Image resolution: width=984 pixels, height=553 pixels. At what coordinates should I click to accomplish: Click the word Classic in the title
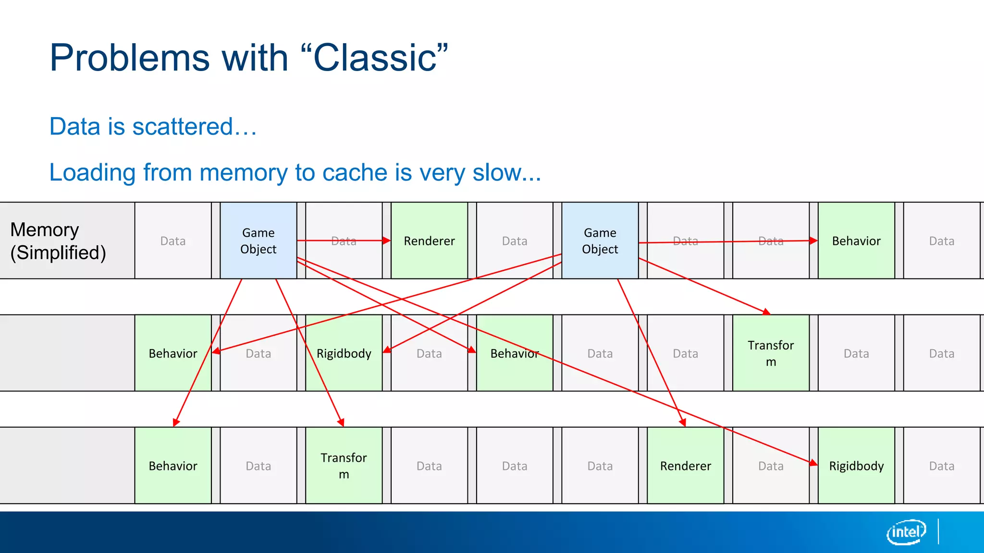[x=375, y=58]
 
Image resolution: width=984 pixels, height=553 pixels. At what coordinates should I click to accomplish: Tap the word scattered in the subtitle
[x=183, y=127]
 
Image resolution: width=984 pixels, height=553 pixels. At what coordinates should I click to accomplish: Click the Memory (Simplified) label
[x=58, y=241]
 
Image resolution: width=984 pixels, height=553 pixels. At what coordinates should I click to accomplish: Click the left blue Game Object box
[x=258, y=240]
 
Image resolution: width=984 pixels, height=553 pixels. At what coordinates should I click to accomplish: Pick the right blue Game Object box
[x=600, y=240]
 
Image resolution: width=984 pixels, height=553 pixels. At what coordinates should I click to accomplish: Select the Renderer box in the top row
[x=429, y=240]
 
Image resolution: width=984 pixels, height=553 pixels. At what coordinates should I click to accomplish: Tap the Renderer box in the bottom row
[x=685, y=466]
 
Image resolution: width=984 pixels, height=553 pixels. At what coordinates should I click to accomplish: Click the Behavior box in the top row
[x=856, y=240]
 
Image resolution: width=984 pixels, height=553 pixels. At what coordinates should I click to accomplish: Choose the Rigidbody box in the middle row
[x=344, y=353]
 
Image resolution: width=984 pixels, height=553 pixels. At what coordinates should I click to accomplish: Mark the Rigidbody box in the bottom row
[x=856, y=466]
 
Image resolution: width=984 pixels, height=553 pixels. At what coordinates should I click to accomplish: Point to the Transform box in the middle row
[x=771, y=353]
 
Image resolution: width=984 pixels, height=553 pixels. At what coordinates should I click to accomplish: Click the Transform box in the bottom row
[x=344, y=466]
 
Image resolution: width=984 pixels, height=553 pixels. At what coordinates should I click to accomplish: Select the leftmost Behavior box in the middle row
[x=173, y=353]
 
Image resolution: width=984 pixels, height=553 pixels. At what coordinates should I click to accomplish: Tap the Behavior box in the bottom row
[x=173, y=466]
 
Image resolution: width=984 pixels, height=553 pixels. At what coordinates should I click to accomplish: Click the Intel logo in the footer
[x=906, y=532]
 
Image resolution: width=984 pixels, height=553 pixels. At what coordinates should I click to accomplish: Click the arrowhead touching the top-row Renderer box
[x=387, y=240]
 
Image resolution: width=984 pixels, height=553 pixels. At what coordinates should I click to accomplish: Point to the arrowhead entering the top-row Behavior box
[x=813, y=240]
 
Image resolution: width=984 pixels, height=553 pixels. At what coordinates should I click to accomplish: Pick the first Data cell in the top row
[x=173, y=240]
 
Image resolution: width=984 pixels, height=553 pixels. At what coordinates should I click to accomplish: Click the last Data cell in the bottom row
[x=941, y=466]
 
